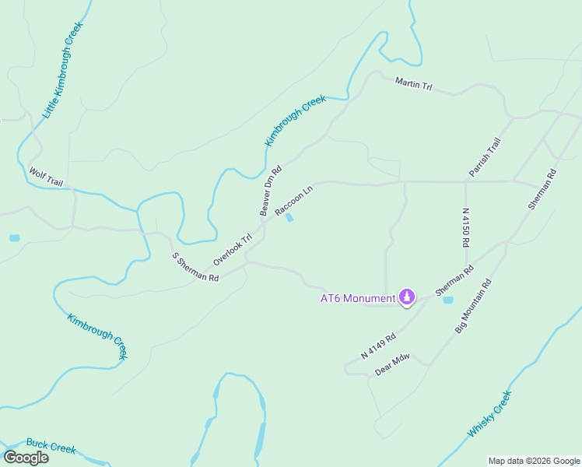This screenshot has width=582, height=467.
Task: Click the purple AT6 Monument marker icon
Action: pos(406,297)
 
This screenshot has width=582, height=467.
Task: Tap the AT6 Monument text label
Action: pos(358,297)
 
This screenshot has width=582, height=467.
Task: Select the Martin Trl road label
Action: pos(413,83)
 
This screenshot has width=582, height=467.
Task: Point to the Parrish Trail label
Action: pos(484,156)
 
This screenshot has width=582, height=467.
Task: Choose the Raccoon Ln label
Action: pos(293,200)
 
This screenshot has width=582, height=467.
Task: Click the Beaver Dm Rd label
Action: pos(270,191)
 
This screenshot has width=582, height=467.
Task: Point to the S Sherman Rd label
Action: pos(195,267)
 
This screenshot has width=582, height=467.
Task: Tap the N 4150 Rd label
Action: pos(466,226)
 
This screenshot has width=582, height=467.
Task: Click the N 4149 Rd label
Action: pos(378,346)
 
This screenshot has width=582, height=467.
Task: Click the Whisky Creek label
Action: pos(489,413)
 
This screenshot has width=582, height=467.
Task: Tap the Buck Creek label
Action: pos(51,446)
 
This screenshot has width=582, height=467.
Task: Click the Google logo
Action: pos(26,457)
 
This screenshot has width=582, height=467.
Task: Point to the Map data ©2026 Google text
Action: pos(534,461)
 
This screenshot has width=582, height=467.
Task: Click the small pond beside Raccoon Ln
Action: pos(289,218)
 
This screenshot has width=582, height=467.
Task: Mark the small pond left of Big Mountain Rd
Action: pos(447,300)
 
